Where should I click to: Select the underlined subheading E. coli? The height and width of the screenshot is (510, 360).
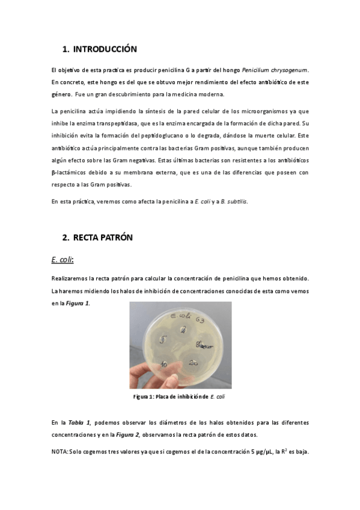(x=62, y=259)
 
